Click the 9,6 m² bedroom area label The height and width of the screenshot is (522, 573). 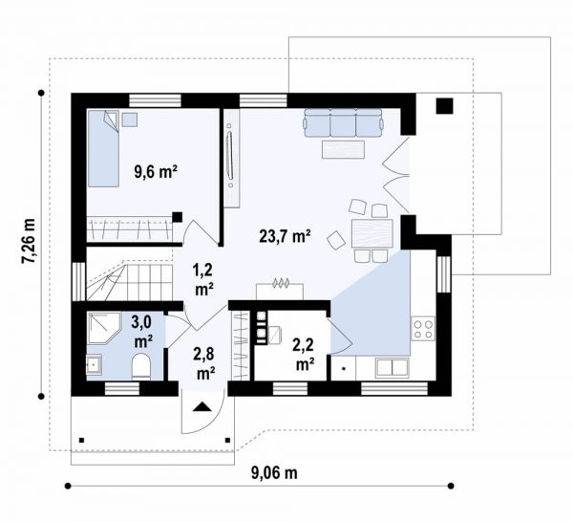pyautogui.click(x=156, y=171)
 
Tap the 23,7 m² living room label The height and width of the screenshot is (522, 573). pyautogui.click(x=285, y=236)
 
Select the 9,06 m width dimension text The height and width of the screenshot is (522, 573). pyautogui.click(x=274, y=473)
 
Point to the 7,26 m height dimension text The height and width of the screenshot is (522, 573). pyautogui.click(x=28, y=241)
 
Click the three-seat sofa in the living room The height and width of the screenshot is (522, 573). pyautogui.click(x=343, y=122)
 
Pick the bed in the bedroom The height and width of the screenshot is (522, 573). pyautogui.click(x=103, y=148)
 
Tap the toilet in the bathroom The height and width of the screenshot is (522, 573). pyautogui.click(x=141, y=365)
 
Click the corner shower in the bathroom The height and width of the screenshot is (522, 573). pyautogui.click(x=104, y=327)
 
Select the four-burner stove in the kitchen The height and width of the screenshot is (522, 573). pyautogui.click(x=423, y=329)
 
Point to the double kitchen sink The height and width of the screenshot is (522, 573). pyautogui.click(x=393, y=368)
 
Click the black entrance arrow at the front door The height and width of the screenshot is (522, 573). pyautogui.click(x=202, y=407)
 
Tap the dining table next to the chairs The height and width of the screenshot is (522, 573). pyautogui.click(x=372, y=233)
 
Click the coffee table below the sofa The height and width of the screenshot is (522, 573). pyautogui.click(x=343, y=149)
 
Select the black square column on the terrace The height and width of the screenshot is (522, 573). pyautogui.click(x=444, y=106)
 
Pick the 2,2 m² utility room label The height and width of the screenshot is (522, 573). pyautogui.click(x=304, y=354)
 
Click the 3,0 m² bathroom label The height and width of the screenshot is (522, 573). pyautogui.click(x=143, y=332)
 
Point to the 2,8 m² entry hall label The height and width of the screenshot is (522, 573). pyautogui.click(x=204, y=363)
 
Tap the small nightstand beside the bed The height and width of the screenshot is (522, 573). pyautogui.click(x=129, y=120)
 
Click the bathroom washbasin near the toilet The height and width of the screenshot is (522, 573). pyautogui.click(x=95, y=364)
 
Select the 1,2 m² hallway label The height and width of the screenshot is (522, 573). pyautogui.click(x=203, y=280)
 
